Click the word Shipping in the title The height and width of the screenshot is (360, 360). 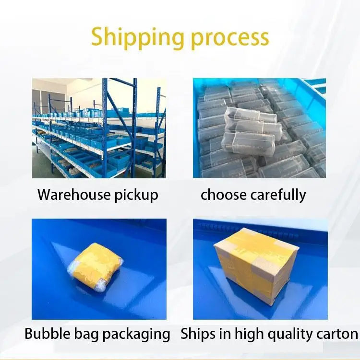[137, 38]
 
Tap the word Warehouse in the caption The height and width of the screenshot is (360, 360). [74, 195]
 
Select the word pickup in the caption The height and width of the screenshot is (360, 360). [136, 196]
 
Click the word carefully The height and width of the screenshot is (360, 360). [278, 196]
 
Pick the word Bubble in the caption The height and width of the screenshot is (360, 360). [48, 334]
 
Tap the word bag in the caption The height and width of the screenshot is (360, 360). [86, 335]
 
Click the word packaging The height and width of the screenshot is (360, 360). [136, 335]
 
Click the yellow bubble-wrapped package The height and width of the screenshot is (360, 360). [96, 267]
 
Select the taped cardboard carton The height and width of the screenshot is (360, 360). [256, 267]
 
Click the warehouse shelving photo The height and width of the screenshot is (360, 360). [99, 128]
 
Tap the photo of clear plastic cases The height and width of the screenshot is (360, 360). [259, 128]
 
